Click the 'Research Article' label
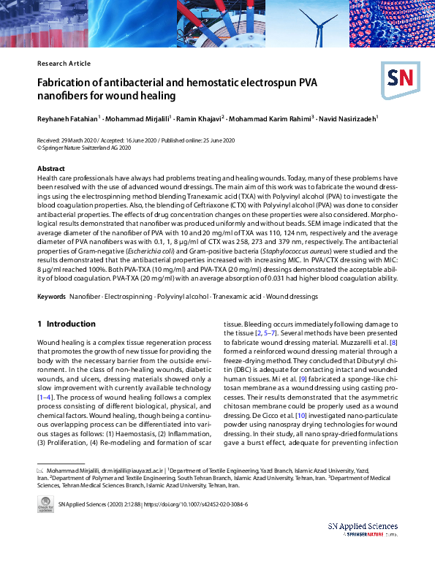coord(64,64)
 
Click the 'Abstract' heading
coord(50,169)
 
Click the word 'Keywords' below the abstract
coord(51,297)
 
